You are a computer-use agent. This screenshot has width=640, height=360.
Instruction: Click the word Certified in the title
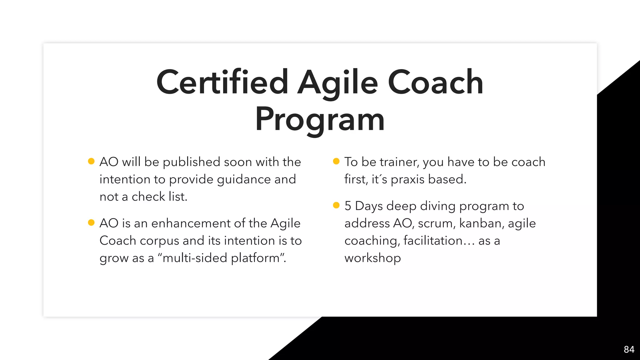tap(222, 82)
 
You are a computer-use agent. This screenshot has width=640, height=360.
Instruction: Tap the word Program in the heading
tap(320, 119)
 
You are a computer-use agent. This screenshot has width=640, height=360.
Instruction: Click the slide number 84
tap(629, 349)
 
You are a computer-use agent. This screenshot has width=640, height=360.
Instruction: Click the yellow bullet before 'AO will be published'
tap(91, 161)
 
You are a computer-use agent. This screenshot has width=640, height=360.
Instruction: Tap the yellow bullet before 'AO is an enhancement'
tap(91, 222)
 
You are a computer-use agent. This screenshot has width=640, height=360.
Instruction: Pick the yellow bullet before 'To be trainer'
tap(336, 161)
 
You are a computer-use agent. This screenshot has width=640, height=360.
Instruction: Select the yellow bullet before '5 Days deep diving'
tap(336, 205)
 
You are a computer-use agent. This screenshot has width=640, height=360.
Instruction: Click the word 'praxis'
tap(407, 180)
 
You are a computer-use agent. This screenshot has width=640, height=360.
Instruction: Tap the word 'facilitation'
tap(433, 241)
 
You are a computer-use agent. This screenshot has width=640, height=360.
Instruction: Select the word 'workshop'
tap(372, 258)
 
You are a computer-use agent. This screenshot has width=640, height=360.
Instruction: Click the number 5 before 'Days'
tap(347, 206)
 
